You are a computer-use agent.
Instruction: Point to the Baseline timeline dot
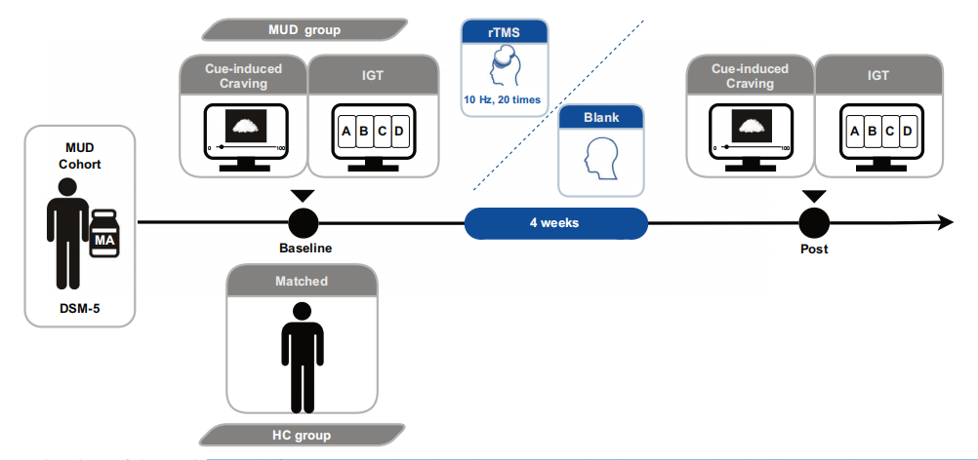coord(303,222)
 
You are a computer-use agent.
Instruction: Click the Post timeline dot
coord(813,222)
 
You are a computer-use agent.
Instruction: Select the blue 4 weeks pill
coord(554,222)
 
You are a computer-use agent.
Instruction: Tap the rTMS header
coord(504,32)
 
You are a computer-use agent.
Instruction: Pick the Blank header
coord(601,117)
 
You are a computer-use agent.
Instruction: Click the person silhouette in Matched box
coord(303,356)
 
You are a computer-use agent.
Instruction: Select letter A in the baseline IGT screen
coord(346,131)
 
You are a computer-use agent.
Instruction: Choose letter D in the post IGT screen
coord(906,131)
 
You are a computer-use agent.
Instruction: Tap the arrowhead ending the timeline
coord(944,222)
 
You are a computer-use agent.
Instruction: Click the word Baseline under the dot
coord(303,249)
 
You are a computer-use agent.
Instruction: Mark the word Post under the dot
coord(813,249)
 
